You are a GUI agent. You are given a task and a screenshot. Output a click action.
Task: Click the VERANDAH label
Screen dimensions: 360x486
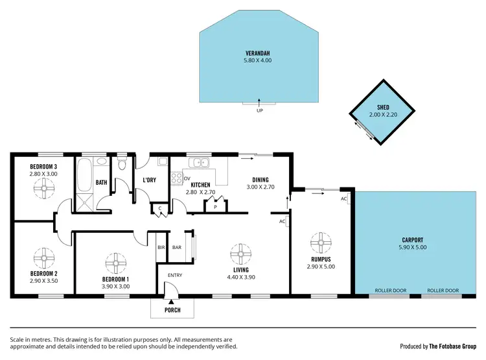(258, 53)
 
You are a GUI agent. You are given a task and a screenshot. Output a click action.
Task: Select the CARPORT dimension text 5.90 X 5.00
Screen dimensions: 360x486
(413, 247)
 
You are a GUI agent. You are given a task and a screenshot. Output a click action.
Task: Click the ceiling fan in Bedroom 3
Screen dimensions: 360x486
(43, 189)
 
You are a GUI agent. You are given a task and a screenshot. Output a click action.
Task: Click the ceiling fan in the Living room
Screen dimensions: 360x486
(241, 254)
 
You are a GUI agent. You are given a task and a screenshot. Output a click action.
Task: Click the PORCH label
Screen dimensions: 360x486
(172, 310)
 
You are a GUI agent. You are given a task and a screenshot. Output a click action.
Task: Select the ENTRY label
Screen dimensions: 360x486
(176, 275)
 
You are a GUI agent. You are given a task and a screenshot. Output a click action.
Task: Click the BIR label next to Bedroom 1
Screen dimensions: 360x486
(161, 248)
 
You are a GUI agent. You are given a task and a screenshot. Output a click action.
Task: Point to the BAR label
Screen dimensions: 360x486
(176, 248)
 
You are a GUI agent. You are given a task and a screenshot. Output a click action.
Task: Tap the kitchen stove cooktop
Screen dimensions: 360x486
(176, 177)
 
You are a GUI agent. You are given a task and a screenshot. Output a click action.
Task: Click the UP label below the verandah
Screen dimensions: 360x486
(259, 110)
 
